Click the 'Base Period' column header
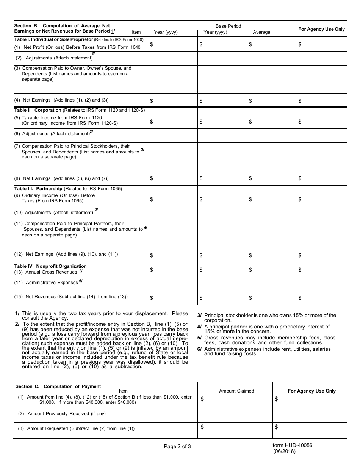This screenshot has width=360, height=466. [x=228, y=26]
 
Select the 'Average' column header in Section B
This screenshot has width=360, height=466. [x=261, y=32]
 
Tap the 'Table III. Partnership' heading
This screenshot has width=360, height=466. [x=39, y=188]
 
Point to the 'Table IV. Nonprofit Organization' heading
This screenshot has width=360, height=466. [x=50, y=266]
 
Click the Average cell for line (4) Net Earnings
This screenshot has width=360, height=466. [x=272, y=100]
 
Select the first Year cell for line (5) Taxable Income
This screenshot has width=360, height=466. [x=173, y=121]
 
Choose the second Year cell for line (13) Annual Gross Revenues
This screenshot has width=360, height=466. [x=222, y=270]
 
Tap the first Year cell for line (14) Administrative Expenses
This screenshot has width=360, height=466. [x=173, y=283]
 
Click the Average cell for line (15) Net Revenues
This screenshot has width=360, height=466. [x=272, y=298]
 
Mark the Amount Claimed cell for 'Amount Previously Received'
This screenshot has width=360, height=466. [x=235, y=415]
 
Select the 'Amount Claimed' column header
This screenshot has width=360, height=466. [x=236, y=391]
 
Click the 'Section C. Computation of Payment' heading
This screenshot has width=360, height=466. [x=58, y=386]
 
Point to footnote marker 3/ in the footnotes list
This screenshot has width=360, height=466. [x=200, y=315]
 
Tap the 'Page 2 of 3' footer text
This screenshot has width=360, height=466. [x=177, y=446]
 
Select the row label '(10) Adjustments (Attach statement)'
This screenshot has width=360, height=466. [x=54, y=213]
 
